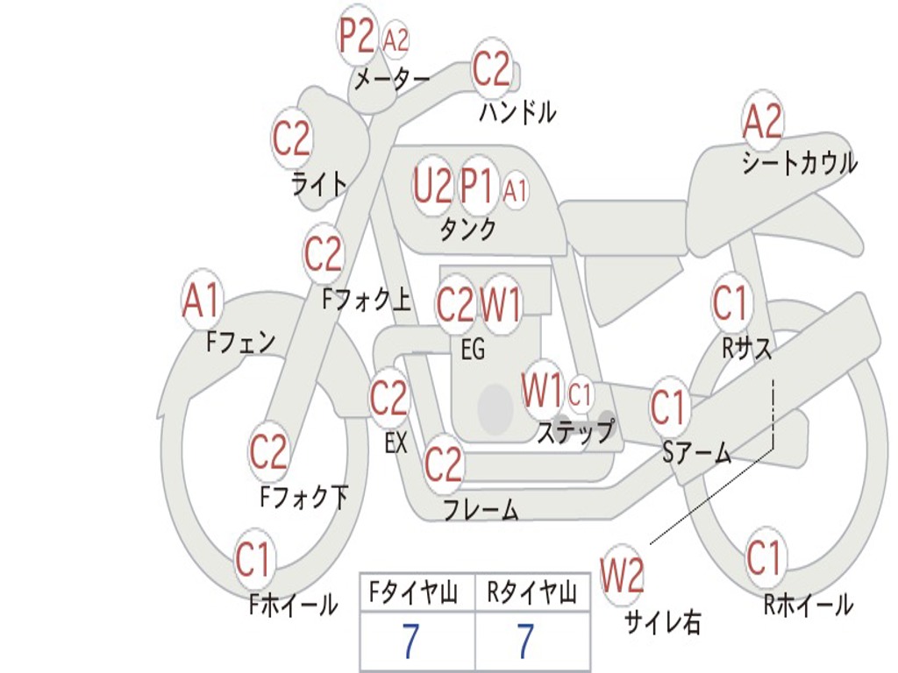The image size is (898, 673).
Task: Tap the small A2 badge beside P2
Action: [x=396, y=40]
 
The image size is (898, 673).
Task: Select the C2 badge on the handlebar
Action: [x=491, y=68]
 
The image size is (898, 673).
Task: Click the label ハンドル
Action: [x=517, y=112]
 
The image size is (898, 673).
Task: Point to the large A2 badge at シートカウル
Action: [x=762, y=122]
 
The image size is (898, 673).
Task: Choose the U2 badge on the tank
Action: [x=432, y=186]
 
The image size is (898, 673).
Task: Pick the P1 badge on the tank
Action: [x=478, y=186]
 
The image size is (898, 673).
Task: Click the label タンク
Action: [x=467, y=229]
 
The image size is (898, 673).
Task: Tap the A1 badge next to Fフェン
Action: [x=202, y=301]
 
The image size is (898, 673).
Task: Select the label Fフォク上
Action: [x=366, y=301]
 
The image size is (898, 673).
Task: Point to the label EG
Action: [x=473, y=350]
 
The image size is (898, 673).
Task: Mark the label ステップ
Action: [x=575, y=432]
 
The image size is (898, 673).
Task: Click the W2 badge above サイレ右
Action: [x=622, y=577]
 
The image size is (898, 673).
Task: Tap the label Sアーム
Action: [x=697, y=452]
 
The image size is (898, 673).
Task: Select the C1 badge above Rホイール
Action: [x=763, y=558]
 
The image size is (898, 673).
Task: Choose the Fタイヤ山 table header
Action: [x=416, y=594]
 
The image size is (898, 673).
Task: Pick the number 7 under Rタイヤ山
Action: [x=524, y=642]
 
